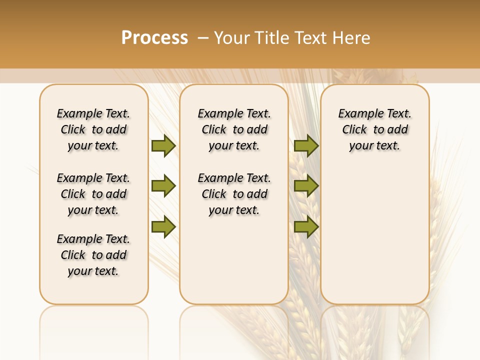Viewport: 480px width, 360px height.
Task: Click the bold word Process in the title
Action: (154, 37)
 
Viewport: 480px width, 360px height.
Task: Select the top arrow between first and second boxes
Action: (163, 145)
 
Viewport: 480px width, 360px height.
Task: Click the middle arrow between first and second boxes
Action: (163, 186)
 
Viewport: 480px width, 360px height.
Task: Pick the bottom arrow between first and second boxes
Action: (163, 227)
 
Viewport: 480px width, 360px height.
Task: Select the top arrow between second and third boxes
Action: (306, 145)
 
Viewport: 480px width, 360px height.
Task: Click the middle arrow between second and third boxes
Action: (306, 186)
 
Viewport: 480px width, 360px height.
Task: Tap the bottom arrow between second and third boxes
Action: (306, 227)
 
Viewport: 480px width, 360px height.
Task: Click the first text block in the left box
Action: (93, 129)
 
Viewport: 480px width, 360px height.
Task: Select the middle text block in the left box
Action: (93, 194)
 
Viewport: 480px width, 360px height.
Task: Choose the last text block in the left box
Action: (93, 255)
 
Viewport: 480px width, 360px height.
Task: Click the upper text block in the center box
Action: (234, 129)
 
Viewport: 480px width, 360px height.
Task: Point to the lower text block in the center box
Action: (234, 194)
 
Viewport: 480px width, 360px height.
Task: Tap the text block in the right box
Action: (375, 129)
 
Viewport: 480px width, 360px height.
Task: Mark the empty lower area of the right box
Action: (375, 235)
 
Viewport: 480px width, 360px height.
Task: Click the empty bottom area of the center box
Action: (234, 265)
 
